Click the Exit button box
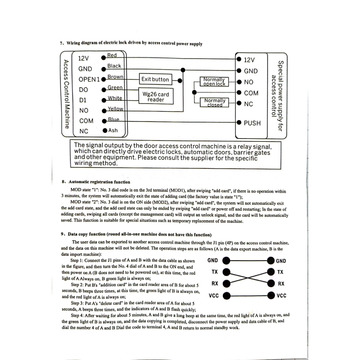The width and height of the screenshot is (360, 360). [x=155, y=79]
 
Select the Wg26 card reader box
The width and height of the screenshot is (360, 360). [x=156, y=97]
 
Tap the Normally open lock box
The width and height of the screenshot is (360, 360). [x=214, y=81]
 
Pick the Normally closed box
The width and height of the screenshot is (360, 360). [x=215, y=103]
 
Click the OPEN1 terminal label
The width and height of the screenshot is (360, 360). [x=89, y=79]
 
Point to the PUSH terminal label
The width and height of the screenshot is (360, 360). [x=252, y=123]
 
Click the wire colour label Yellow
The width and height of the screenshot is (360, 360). [x=116, y=109]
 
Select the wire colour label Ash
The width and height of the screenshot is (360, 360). [x=113, y=130]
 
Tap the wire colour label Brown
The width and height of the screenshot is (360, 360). [x=115, y=77]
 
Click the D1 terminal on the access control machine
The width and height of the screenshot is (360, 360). [x=82, y=100]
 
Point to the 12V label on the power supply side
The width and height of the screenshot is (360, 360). [x=249, y=60]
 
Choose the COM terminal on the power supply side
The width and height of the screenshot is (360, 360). [x=251, y=93]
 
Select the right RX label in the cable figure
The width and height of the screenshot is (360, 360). [x=281, y=284]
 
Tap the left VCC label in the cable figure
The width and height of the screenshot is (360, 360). [x=214, y=296]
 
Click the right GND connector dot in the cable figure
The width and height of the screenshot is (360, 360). [x=270, y=261]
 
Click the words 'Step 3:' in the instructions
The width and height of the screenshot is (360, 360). [x=80, y=303]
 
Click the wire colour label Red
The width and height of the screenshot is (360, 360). [x=112, y=55]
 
